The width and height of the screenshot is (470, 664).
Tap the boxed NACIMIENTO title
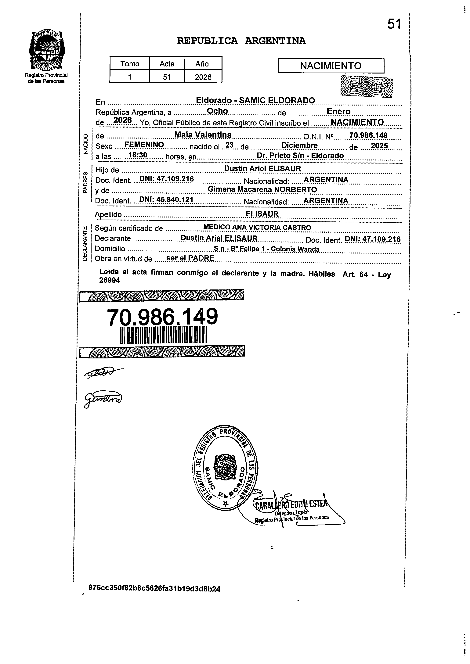[331, 66]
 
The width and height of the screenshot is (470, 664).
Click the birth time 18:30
[138, 155]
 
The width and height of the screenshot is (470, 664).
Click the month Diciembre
[300, 145]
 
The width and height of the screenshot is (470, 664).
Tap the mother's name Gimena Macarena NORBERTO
[262, 189]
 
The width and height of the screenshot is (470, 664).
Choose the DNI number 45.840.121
[166, 200]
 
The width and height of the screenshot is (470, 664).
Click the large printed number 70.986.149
[162, 317]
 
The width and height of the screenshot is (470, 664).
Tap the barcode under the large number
[163, 335]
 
